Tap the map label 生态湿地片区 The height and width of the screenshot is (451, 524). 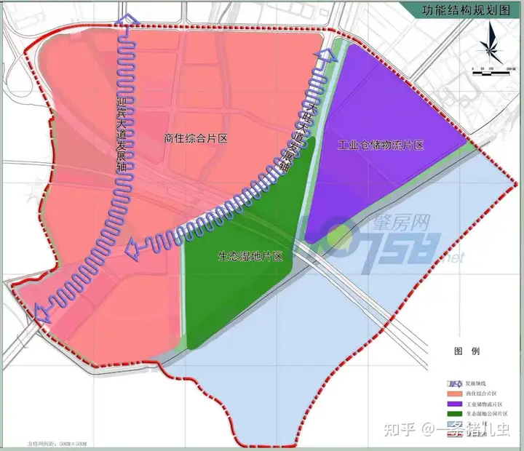point(250,257)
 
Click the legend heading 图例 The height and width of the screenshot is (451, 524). point(467,351)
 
